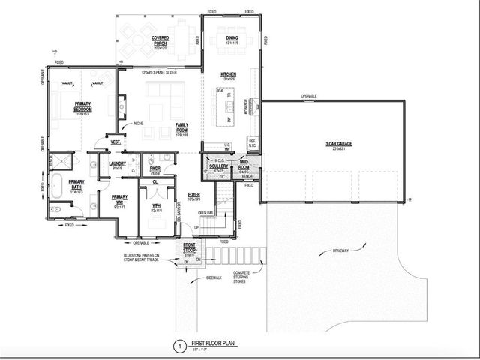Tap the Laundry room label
pos(117,164)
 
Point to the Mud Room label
pos(244,165)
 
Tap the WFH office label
pos(157,206)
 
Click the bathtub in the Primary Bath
pos(59,183)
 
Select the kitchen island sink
pos(222,103)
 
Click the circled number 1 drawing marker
pos(178,346)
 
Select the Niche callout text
pos(139,124)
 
